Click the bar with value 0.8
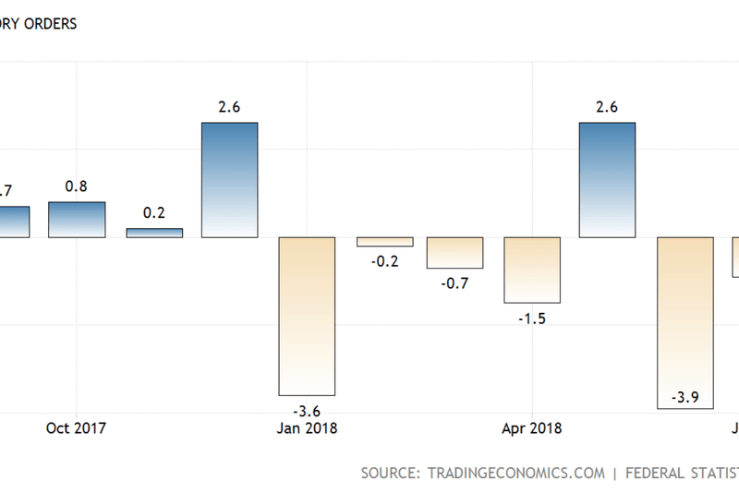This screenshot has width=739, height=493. (x=77, y=220)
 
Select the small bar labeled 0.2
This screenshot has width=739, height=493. (x=154, y=233)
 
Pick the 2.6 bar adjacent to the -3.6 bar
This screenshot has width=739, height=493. (x=230, y=180)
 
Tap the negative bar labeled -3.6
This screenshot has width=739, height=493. (x=306, y=316)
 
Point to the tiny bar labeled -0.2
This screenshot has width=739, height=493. (x=384, y=242)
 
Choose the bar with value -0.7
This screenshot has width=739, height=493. (x=454, y=252)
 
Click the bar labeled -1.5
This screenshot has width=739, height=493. (x=532, y=270)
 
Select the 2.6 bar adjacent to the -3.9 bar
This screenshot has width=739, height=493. (x=607, y=180)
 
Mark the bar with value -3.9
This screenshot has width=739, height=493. (x=684, y=322)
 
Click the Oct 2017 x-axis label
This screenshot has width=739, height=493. (x=77, y=428)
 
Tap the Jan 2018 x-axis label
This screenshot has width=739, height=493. (x=307, y=428)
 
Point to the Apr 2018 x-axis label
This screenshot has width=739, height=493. (x=532, y=428)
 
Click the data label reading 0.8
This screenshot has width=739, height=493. (x=77, y=186)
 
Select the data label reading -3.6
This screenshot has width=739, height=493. (x=306, y=411)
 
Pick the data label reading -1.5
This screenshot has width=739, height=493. (x=532, y=319)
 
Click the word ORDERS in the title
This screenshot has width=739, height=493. (x=45, y=24)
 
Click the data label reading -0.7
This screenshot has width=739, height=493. (x=454, y=283)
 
